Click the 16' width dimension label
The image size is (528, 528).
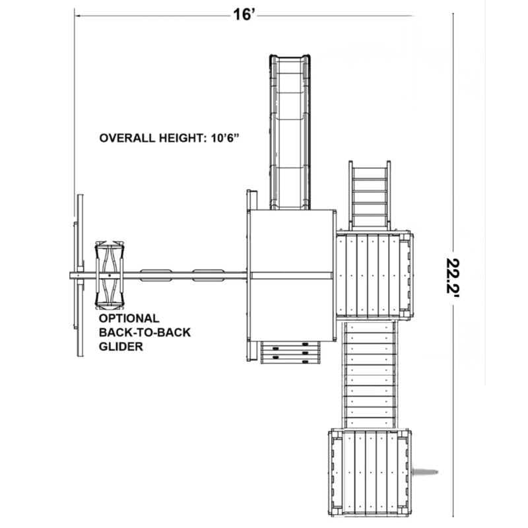244,15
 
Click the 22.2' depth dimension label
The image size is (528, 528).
453,276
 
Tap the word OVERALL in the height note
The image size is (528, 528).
127,138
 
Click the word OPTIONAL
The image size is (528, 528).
129,318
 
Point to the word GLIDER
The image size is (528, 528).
121,346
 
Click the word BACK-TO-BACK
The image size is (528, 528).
145,333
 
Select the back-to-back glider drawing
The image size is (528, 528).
110,275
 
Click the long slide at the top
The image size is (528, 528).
290,131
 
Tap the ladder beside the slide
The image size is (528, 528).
370,195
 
